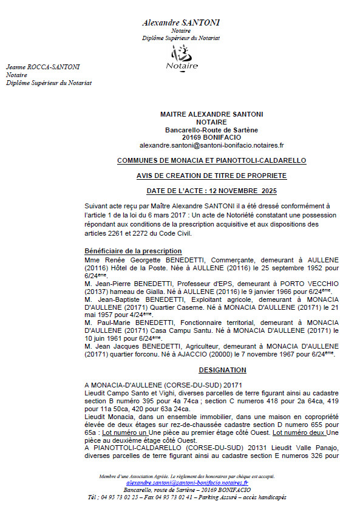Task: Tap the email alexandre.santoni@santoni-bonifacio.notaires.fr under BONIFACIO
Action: click(211, 146)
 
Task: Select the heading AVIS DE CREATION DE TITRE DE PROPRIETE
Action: click(211, 176)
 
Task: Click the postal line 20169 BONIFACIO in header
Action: click(211, 137)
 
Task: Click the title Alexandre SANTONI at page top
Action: click(181, 23)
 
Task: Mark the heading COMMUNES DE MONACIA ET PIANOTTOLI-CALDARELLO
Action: click(211, 160)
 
